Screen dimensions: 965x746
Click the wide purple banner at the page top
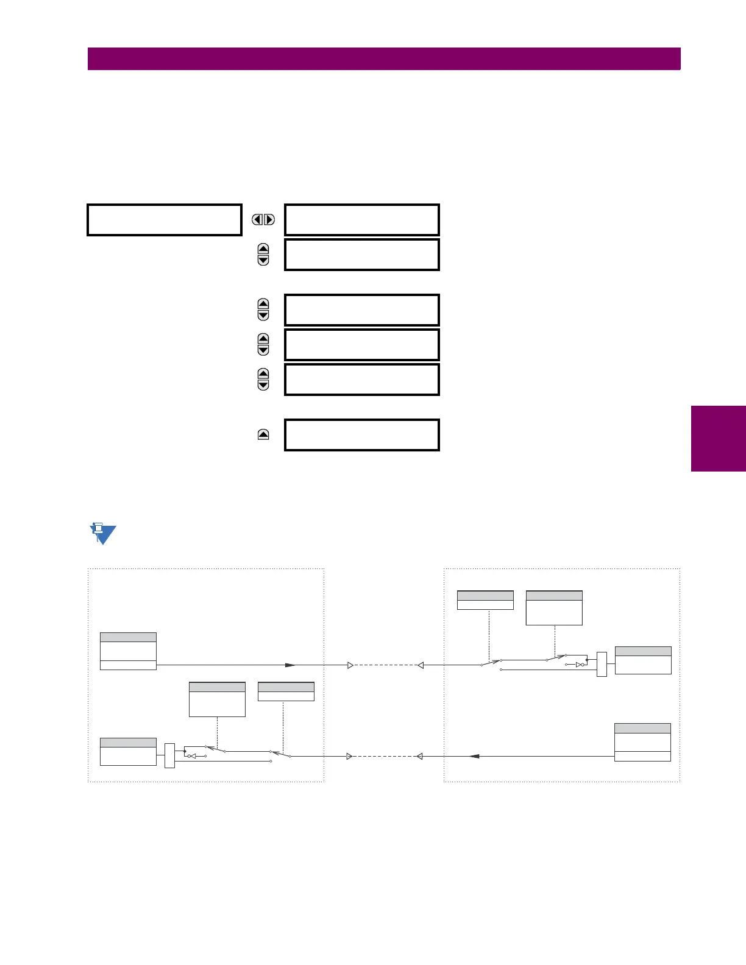pos(384,59)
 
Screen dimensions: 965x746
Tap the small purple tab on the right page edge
pos(718,439)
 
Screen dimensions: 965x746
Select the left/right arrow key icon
pos(263,219)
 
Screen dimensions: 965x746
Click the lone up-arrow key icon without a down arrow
pos(263,434)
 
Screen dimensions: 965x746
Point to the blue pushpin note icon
pos(102,534)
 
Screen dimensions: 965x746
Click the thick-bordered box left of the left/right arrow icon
pos(165,220)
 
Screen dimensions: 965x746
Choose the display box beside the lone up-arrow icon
pos(362,435)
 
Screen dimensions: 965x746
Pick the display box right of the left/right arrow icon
pos(362,220)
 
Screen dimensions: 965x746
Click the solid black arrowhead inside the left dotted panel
pos(291,665)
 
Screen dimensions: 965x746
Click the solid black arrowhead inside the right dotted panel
pos(475,756)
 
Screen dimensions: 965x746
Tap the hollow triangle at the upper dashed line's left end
pos(350,665)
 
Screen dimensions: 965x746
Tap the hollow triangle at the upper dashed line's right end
pos(420,665)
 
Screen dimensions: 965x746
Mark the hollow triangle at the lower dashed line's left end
pos(349,756)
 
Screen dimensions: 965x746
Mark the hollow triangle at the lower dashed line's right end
pos(419,756)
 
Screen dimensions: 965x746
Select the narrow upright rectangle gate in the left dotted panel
pos(169,755)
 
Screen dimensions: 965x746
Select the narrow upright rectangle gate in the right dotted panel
pos(602,664)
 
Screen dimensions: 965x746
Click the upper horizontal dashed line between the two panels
pos(385,665)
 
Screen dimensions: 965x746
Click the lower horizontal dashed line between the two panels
pos(384,756)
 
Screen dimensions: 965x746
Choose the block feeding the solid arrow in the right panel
pos(642,742)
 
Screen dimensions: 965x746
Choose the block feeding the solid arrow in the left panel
pos(128,651)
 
